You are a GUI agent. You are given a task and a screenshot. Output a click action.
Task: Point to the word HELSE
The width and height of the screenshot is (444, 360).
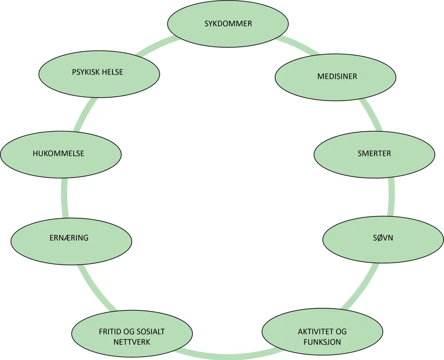click(113, 72)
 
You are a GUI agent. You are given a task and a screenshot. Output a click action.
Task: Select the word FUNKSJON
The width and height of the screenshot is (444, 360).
click(322, 342)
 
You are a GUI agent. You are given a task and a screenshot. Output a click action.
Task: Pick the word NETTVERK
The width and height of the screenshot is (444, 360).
click(132, 342)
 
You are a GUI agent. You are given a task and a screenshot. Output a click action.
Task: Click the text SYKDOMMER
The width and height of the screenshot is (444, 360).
click(228, 24)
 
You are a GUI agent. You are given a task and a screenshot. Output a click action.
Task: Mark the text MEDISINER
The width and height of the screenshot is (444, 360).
click(337, 76)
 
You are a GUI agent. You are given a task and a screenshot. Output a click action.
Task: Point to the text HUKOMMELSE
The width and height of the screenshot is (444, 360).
click(58, 153)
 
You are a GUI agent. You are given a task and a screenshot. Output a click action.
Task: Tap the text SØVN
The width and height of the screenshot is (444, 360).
click(383, 238)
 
